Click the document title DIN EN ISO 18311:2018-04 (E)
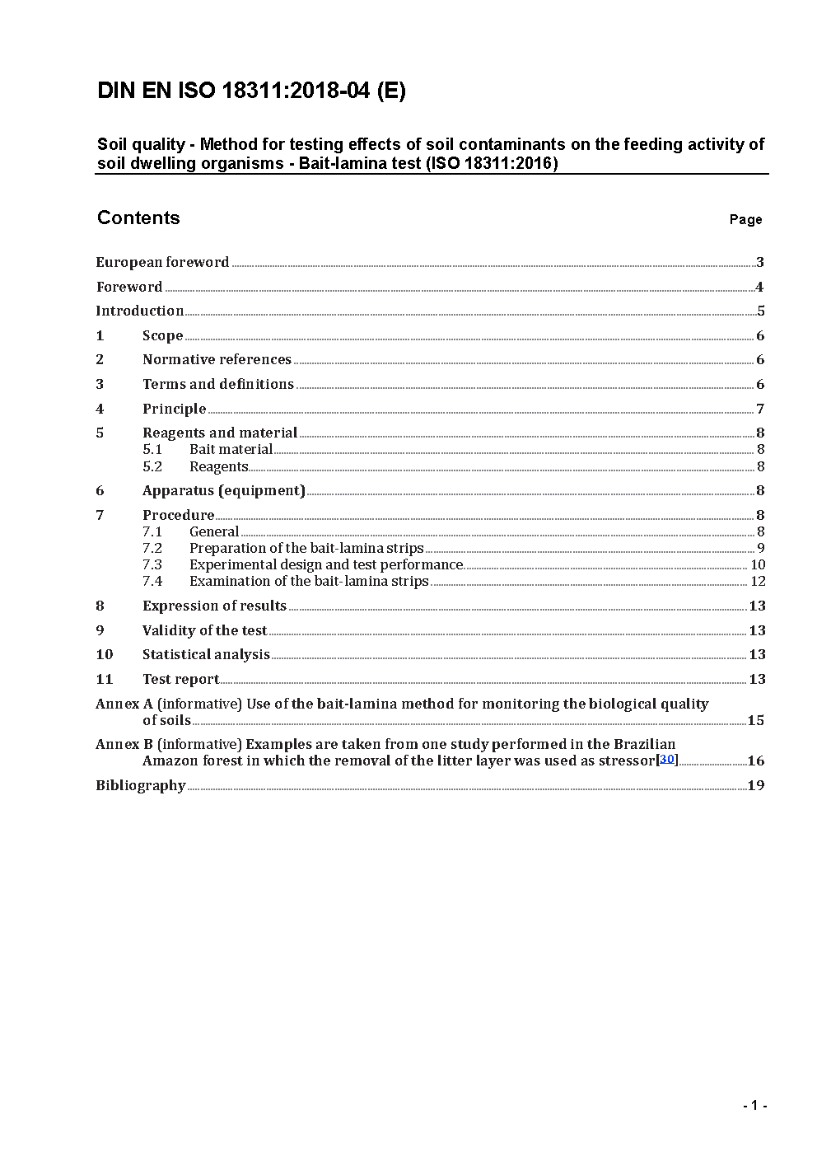(251, 91)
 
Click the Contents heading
(138, 218)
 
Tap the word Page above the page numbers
(745, 219)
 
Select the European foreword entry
(162, 262)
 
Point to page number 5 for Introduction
(761, 311)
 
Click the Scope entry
(162, 335)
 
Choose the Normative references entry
(217, 359)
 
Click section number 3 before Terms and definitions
(100, 384)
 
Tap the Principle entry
(174, 409)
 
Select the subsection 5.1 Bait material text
(231, 449)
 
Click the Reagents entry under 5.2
(218, 466)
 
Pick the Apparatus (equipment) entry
(223, 490)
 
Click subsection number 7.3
(152, 564)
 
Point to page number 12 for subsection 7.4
(758, 581)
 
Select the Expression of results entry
(214, 606)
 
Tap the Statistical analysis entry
(206, 654)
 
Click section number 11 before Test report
(105, 679)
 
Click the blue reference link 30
(667, 759)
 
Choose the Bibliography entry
(141, 785)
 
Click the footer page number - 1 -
(754, 1105)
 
